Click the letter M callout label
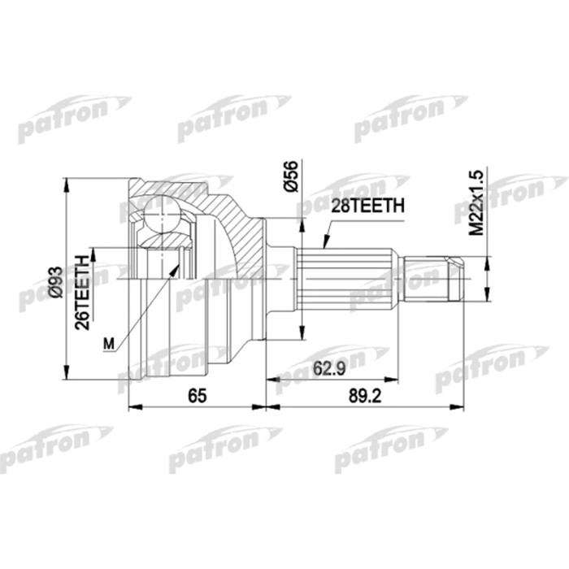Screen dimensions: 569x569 point(109,344)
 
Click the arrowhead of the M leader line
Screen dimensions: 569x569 point(177,264)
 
